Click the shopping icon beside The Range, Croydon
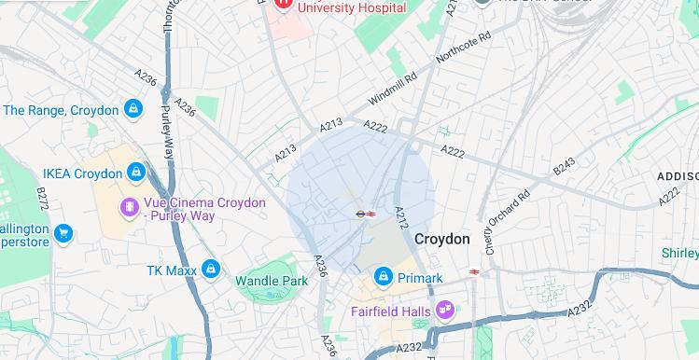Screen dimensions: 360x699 click(134, 111)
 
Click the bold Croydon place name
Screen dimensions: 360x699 click(442, 240)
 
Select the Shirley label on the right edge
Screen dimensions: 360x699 click(679, 254)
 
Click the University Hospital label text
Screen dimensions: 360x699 click(353, 7)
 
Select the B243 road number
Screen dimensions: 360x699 click(564, 166)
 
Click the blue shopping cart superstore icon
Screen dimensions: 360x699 click(63, 232)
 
